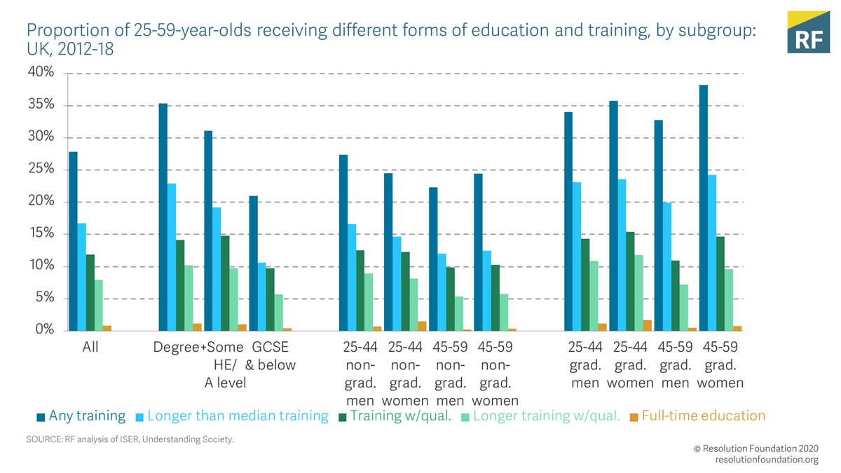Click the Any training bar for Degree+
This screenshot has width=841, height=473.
click(163, 217)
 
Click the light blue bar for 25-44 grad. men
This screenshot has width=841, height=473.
click(577, 256)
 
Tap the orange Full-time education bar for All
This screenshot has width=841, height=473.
click(107, 328)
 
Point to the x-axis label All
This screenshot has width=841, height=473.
click(81, 347)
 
